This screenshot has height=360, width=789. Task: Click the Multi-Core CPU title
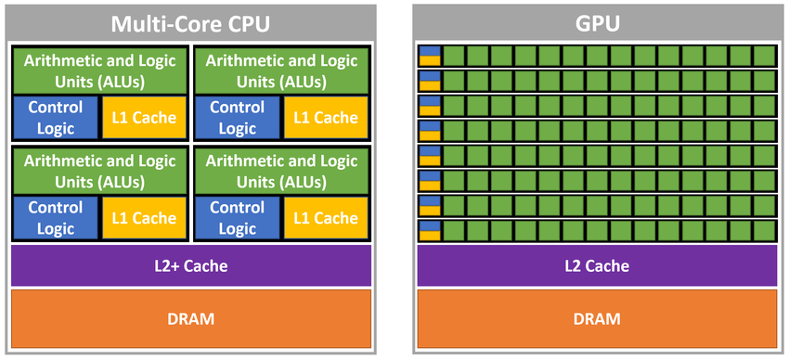coord(190,22)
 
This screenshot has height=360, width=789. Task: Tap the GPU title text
coord(596,22)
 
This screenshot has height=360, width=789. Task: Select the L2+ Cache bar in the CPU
coord(190,266)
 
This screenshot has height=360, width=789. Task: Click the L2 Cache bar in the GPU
coord(596,266)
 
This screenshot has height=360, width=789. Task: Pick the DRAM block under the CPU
coord(190,319)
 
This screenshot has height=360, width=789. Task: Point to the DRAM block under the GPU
coord(596,319)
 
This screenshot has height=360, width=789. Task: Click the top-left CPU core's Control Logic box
coord(55,118)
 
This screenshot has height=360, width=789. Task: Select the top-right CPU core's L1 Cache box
coord(325,118)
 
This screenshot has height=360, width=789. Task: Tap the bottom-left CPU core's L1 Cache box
coord(143,218)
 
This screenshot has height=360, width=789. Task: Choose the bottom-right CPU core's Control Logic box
coord(237,218)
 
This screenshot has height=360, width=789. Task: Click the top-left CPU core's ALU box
coord(99,71)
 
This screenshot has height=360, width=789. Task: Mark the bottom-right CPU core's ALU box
coord(281,172)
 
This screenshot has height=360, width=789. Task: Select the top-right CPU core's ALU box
coord(281,71)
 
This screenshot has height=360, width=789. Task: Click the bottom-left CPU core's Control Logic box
coord(55,218)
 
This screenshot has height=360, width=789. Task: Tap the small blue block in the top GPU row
coord(429,51)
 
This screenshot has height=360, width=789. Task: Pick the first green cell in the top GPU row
coord(454,56)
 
